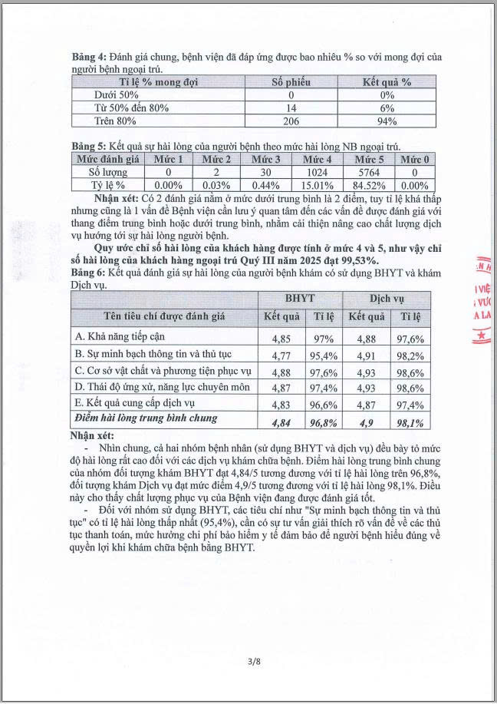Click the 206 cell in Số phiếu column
(x=290, y=121)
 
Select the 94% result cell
(x=387, y=121)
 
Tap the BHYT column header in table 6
(x=299, y=298)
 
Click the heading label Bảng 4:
(x=88, y=58)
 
